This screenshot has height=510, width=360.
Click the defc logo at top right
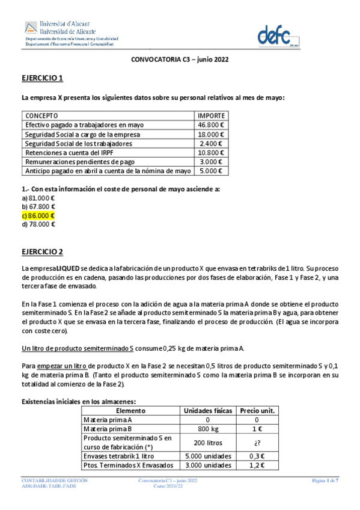pyautogui.click(x=278, y=35)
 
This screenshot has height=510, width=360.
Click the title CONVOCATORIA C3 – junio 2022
pyautogui.click(x=180, y=60)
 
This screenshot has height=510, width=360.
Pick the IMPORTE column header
pyautogui.click(x=212, y=115)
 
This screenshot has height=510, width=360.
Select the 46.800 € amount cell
pyautogui.click(x=211, y=124)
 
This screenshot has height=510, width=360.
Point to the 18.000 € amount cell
pyautogui.click(x=211, y=134)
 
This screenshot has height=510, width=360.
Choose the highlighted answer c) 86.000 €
pyautogui.click(x=38, y=215)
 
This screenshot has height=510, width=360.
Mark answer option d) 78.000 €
pyautogui.click(x=38, y=224)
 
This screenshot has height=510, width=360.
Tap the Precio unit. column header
pyautogui.click(x=258, y=411)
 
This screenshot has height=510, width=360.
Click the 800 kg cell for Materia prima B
pyautogui.click(x=208, y=429)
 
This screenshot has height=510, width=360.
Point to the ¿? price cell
pyautogui.click(x=258, y=442)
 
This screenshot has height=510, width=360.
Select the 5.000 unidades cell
pyautogui.click(x=208, y=455)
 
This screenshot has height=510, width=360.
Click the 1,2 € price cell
pyautogui.click(x=258, y=465)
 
